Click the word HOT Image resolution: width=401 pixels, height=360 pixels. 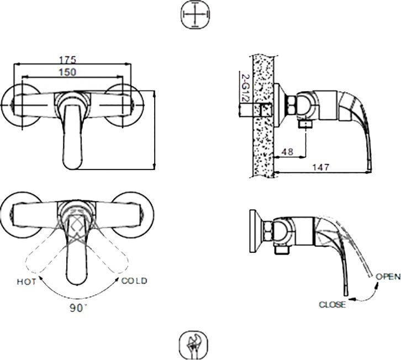pos(27,281)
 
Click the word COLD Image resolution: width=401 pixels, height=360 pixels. pos(134,280)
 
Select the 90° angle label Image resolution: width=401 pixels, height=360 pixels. pos(78,308)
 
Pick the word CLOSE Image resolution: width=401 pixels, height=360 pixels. pos(332,304)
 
